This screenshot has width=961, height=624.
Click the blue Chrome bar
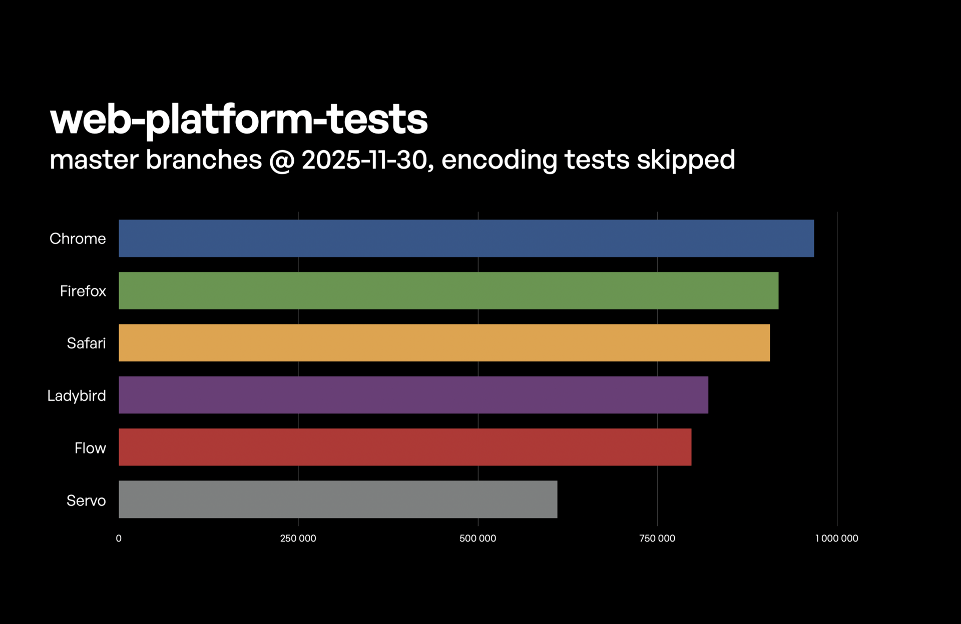[466, 238]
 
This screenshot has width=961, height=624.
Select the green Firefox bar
[448, 291]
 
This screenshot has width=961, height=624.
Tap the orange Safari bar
[444, 343]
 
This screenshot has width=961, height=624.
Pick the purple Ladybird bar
[413, 395]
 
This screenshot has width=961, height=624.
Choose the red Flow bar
[405, 447]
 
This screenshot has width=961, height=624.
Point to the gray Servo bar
[338, 499]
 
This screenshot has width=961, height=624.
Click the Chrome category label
[78, 239]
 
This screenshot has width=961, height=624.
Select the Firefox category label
[83, 291]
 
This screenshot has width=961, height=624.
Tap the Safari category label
[86, 343]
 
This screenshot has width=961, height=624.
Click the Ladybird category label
[77, 396]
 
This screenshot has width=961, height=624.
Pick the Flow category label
[90, 448]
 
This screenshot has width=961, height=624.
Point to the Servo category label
[86, 500]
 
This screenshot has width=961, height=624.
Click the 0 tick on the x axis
[119, 538]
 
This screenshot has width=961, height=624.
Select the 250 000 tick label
[298, 538]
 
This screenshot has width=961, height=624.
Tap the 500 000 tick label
[477, 538]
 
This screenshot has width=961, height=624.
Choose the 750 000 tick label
[657, 538]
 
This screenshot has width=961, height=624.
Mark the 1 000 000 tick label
[836, 538]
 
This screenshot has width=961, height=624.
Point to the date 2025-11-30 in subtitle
[364, 160]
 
